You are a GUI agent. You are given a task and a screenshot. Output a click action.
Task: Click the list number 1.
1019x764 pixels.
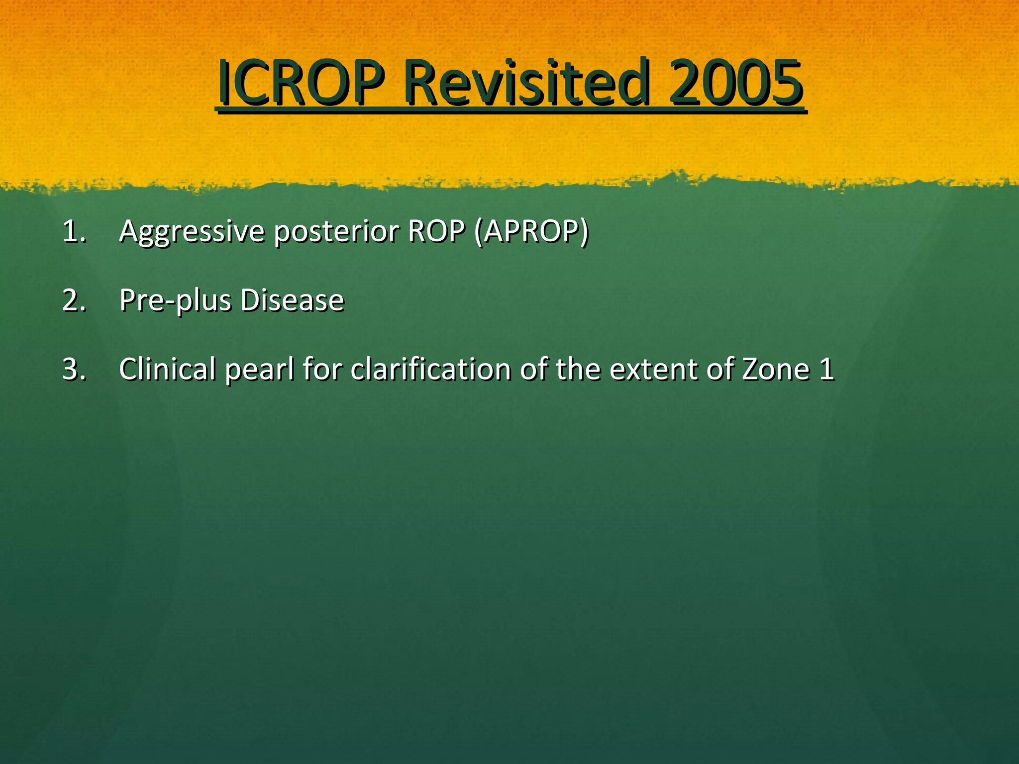pyautogui.click(x=74, y=231)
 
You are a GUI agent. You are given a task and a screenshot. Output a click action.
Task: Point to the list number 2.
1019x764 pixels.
pyautogui.click(x=74, y=300)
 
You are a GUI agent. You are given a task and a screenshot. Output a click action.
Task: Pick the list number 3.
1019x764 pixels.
pyautogui.click(x=74, y=369)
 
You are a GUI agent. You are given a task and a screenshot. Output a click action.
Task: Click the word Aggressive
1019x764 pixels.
pyautogui.click(x=192, y=232)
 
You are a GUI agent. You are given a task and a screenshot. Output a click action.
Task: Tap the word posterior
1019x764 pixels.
pyautogui.click(x=337, y=232)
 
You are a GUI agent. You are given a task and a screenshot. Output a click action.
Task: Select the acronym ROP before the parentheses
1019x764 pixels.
pyautogui.click(x=436, y=231)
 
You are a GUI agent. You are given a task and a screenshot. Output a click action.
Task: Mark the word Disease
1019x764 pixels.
pyautogui.click(x=292, y=300)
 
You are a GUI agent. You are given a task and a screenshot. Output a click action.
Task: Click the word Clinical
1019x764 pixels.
pyautogui.click(x=167, y=369)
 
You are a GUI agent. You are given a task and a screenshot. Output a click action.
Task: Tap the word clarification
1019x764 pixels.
pyautogui.click(x=430, y=369)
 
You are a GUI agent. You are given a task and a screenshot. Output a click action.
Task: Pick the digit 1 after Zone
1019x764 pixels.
pyautogui.click(x=826, y=369)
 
